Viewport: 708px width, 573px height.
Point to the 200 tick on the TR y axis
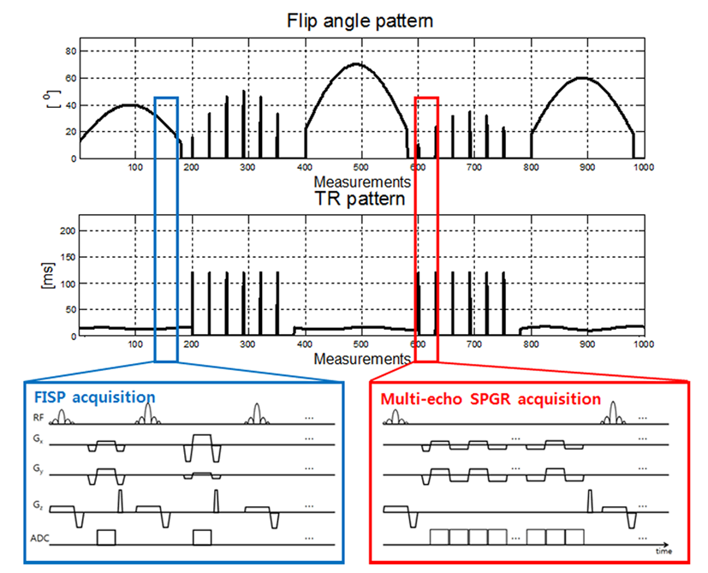click(x=68, y=231)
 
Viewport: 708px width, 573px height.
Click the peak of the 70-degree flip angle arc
click(x=359, y=64)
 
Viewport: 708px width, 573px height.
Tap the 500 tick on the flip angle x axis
click(x=360, y=168)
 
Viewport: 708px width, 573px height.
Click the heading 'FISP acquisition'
click(x=93, y=397)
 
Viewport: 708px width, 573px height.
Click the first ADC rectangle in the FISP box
click(x=106, y=537)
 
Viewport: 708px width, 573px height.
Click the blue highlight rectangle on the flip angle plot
click(x=166, y=98)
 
